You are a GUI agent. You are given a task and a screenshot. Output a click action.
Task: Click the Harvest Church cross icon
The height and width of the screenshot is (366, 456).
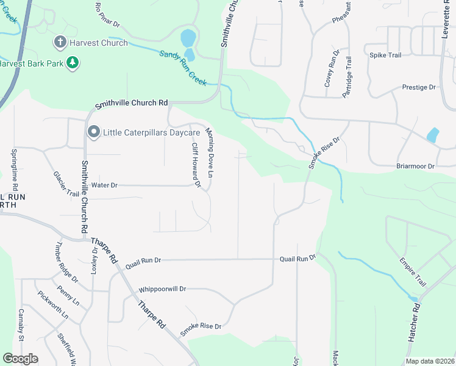pyautogui.click(x=60, y=43)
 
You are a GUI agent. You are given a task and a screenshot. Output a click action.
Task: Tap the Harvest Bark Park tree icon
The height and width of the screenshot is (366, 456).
pyautogui.click(x=73, y=63)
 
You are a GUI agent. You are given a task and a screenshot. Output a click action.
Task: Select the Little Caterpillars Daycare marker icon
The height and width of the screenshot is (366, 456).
pyautogui.click(x=93, y=132)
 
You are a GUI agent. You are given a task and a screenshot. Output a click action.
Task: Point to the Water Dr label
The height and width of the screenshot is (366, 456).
pyautogui.click(x=104, y=185)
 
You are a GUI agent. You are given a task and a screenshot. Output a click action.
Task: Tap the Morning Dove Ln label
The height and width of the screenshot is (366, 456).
pyautogui.click(x=210, y=153)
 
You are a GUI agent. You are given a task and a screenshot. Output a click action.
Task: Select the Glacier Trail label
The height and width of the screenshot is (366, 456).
pyautogui.click(x=66, y=184)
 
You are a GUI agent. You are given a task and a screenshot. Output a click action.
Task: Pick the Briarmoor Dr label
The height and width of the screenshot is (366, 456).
pyautogui.click(x=414, y=165)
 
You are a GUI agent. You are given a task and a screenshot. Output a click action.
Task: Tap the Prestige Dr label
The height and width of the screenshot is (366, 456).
pyautogui.click(x=419, y=87)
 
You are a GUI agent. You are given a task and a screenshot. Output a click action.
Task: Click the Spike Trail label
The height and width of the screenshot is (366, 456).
pyautogui.click(x=385, y=55)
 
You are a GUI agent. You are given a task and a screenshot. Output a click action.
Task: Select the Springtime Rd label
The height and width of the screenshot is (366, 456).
pyautogui.click(x=15, y=170)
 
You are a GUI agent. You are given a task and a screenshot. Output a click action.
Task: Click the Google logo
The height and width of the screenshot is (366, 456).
pyautogui.click(x=20, y=359)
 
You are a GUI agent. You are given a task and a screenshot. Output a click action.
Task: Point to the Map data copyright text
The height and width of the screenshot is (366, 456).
pyautogui.click(x=429, y=361)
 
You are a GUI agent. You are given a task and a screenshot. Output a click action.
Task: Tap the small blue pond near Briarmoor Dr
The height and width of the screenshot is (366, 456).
pyautogui.click(x=433, y=135)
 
